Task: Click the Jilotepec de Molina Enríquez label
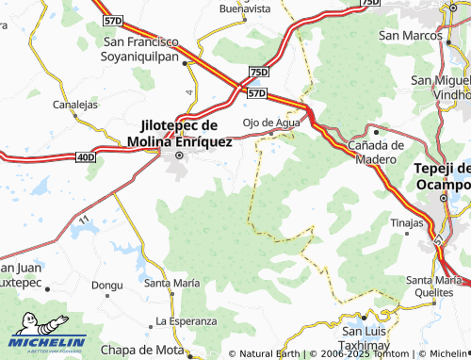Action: click(x=179, y=133)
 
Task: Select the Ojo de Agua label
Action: click(x=271, y=123)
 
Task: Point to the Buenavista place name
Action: click(x=245, y=8)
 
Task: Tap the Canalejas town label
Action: click(x=75, y=105)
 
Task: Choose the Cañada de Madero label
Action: click(x=376, y=152)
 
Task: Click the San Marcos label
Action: click(x=411, y=35)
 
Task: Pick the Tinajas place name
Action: click(x=407, y=222)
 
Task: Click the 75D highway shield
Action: click(x=259, y=73)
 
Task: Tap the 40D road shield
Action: click(x=86, y=155)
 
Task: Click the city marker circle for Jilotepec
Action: click(x=179, y=155)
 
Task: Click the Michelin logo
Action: click(x=47, y=341)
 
